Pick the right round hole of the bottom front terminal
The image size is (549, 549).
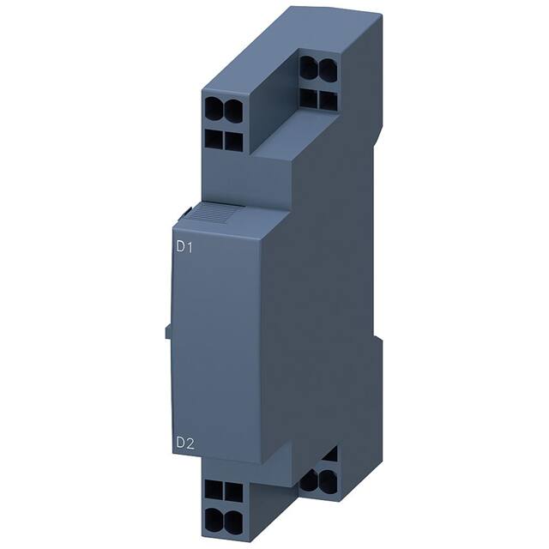pyautogui.click(x=231, y=518)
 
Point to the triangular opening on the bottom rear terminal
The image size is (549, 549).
pyautogui.click(x=330, y=454)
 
